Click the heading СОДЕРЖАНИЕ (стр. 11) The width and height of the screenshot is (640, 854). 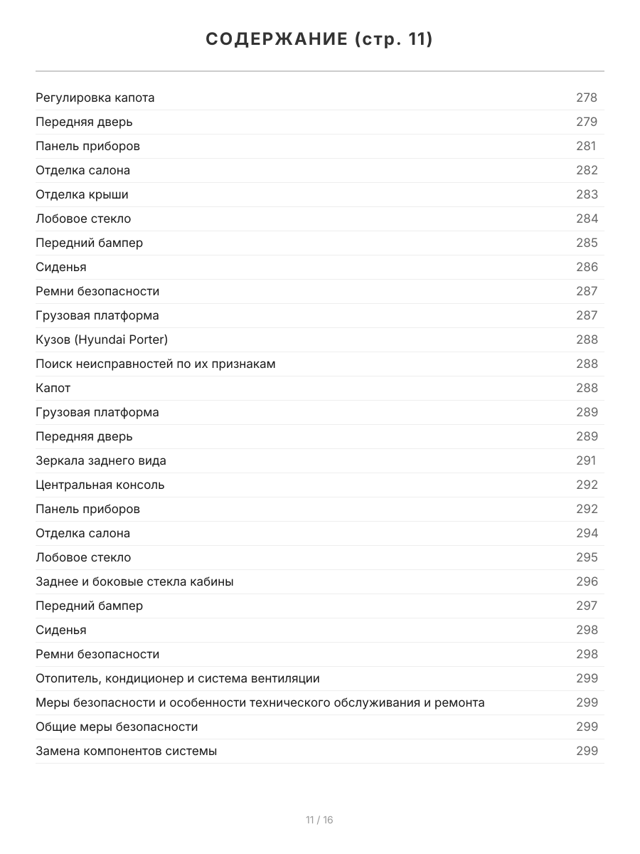pos(319,40)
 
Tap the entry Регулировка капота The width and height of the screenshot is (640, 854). pos(95,97)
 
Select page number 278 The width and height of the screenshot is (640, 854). pos(587,97)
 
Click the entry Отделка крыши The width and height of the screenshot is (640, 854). pos(82,194)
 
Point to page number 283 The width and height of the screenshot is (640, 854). pos(587,194)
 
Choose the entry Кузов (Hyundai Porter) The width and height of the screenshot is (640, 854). pos(102,339)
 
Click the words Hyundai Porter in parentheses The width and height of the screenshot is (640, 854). pos(121,339)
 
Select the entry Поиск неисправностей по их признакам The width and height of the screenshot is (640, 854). pos(156,364)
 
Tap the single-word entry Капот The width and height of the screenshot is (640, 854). pos(53,388)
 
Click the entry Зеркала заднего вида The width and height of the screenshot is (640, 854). pos(101,460)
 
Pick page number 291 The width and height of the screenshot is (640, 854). pos(586,460)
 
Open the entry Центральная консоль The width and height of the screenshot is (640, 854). pos(100,485)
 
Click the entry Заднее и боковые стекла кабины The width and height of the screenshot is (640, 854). pos(134,581)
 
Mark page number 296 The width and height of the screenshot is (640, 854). pos(587,581)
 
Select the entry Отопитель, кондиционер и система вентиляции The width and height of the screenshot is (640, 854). pos(178,678)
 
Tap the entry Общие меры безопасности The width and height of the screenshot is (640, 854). pos(117,727)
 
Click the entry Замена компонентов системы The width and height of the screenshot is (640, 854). pos(127,751)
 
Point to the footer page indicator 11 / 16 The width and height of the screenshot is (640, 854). pos(319,820)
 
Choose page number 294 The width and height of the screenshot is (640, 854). pos(587,533)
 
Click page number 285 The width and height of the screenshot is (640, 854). pos(587,243)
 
